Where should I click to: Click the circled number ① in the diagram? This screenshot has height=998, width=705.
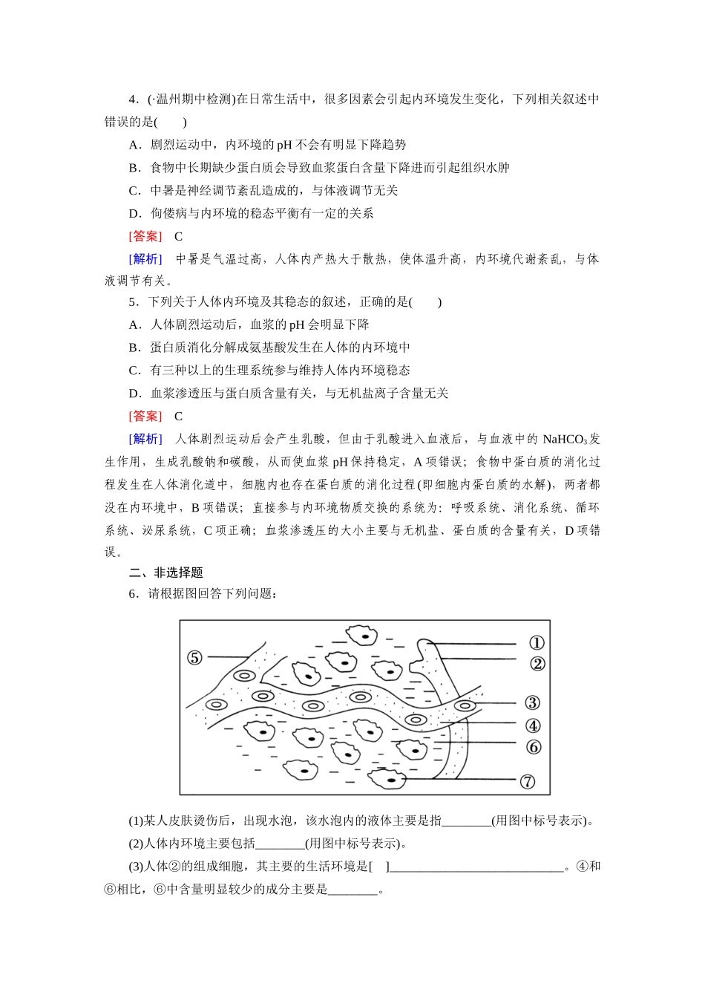click(537, 643)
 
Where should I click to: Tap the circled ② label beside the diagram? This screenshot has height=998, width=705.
click(537, 664)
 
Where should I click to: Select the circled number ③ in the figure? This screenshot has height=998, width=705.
click(532, 702)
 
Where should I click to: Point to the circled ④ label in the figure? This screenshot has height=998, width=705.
click(533, 725)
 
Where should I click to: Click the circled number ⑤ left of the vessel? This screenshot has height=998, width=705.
click(194, 657)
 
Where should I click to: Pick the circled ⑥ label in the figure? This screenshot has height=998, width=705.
click(533, 747)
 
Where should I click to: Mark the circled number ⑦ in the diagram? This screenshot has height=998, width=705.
click(528, 781)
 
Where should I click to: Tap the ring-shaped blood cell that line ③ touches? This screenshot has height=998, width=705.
click(465, 705)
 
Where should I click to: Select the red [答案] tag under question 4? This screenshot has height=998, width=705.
click(145, 236)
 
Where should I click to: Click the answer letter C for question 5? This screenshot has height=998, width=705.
click(178, 416)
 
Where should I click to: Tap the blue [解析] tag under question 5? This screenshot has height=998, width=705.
click(145, 439)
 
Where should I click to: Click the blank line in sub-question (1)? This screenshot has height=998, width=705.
click(466, 821)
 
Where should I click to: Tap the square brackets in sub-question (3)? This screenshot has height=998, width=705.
click(378, 866)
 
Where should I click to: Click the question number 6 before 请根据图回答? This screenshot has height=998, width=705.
click(132, 593)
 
